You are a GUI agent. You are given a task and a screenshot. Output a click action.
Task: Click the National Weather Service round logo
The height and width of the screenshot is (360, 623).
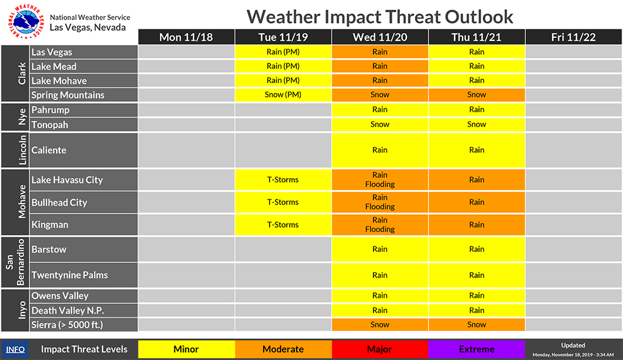pos(24,21)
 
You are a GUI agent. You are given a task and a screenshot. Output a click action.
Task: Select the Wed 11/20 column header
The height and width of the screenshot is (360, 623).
pos(380,37)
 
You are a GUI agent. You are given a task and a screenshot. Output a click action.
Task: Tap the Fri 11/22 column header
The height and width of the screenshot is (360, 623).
pos(574,37)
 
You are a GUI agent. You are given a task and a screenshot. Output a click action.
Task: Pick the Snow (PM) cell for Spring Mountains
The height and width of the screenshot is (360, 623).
pos(283,95)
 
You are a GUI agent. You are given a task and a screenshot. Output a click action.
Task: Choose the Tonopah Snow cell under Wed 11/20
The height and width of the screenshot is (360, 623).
pos(380,124)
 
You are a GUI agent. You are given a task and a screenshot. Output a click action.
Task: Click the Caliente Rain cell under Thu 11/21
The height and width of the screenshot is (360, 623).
pos(477,150)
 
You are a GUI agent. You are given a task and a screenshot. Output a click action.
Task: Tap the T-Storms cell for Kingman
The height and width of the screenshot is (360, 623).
pos(283,225)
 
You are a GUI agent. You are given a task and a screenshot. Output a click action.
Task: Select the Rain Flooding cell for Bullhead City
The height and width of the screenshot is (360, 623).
pos(380,202)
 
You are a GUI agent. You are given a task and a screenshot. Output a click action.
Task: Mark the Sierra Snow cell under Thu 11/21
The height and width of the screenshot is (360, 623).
pos(477,325)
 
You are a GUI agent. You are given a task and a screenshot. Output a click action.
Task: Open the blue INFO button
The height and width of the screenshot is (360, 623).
pos(15,349)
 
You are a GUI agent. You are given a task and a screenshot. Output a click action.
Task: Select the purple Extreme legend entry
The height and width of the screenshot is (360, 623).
pos(477,349)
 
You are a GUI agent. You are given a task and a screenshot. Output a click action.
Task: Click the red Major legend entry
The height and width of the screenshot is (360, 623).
pos(380,349)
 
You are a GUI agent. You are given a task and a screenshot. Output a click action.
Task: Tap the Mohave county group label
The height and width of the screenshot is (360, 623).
pos(22,202)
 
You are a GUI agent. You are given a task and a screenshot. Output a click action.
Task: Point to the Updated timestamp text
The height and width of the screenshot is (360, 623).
pos(573,350)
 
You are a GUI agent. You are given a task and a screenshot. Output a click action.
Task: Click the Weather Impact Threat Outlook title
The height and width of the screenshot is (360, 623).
pos(380,16)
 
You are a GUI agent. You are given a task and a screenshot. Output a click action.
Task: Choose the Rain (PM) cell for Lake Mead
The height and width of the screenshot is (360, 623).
pos(283,67)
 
